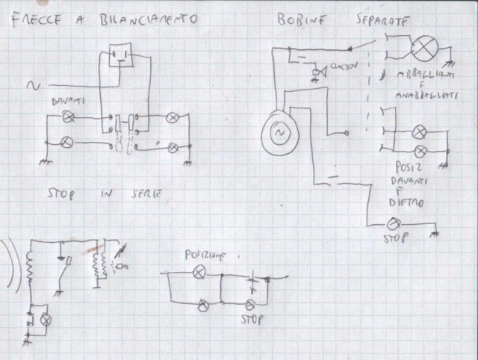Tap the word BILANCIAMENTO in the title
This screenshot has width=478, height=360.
click(150, 19)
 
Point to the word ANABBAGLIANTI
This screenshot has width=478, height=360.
click(422, 96)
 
